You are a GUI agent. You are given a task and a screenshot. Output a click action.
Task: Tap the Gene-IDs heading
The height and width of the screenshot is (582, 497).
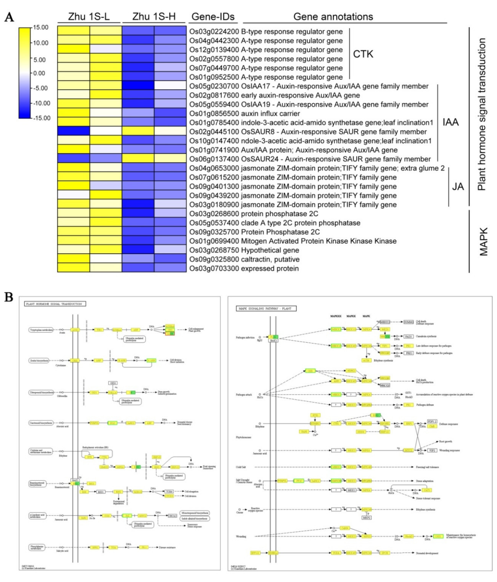point(213,17)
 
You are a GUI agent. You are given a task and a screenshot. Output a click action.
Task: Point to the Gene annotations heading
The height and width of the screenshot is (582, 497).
point(333,17)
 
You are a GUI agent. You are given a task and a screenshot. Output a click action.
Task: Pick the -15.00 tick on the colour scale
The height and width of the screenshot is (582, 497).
point(42,118)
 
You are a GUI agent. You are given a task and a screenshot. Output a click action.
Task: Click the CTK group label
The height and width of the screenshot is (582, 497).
point(363,54)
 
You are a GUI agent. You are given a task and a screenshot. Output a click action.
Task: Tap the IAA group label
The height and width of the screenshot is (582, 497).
point(450,122)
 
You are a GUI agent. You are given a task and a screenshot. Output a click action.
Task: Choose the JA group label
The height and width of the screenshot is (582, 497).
point(458,187)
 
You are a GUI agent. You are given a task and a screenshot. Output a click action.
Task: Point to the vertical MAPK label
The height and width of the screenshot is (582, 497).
point(483,242)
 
